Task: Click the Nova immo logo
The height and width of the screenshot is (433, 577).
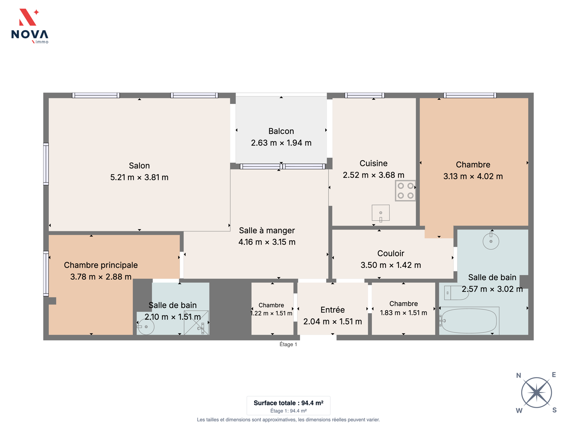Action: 30,26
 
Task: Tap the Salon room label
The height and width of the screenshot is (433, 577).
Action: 139,166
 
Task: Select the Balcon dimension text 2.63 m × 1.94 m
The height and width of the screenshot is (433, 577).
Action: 281,143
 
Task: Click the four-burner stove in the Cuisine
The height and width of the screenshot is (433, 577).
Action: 405,191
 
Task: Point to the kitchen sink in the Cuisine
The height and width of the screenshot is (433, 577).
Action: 380,213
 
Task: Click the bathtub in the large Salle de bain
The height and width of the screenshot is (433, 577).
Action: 469,321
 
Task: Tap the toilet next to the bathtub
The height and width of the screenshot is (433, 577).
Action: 456,293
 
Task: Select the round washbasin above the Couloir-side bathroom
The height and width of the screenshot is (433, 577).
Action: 491,241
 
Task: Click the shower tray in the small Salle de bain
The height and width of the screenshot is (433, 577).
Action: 197,323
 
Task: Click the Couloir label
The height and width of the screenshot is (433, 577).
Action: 391,253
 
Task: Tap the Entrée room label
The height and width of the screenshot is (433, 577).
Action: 332,310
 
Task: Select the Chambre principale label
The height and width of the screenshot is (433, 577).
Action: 101,265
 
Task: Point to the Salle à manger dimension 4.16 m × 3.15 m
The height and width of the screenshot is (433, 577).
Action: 267,242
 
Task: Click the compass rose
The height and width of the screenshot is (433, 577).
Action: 536,393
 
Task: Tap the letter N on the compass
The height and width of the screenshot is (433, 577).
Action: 518,375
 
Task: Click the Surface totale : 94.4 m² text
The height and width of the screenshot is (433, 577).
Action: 288,403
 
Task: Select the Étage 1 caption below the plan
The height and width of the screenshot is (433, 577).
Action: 288,344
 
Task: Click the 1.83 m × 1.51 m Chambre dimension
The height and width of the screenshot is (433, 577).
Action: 403,313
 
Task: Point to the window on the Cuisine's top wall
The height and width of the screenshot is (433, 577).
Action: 364,95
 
